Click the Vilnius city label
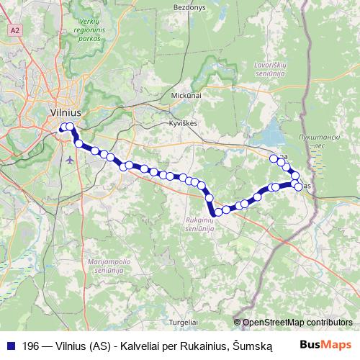tap(66, 112)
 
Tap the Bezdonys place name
tap(189, 6)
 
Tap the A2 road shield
tap(15, 31)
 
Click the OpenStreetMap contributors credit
tap(297, 323)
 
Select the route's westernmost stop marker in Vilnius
tap(63, 127)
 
